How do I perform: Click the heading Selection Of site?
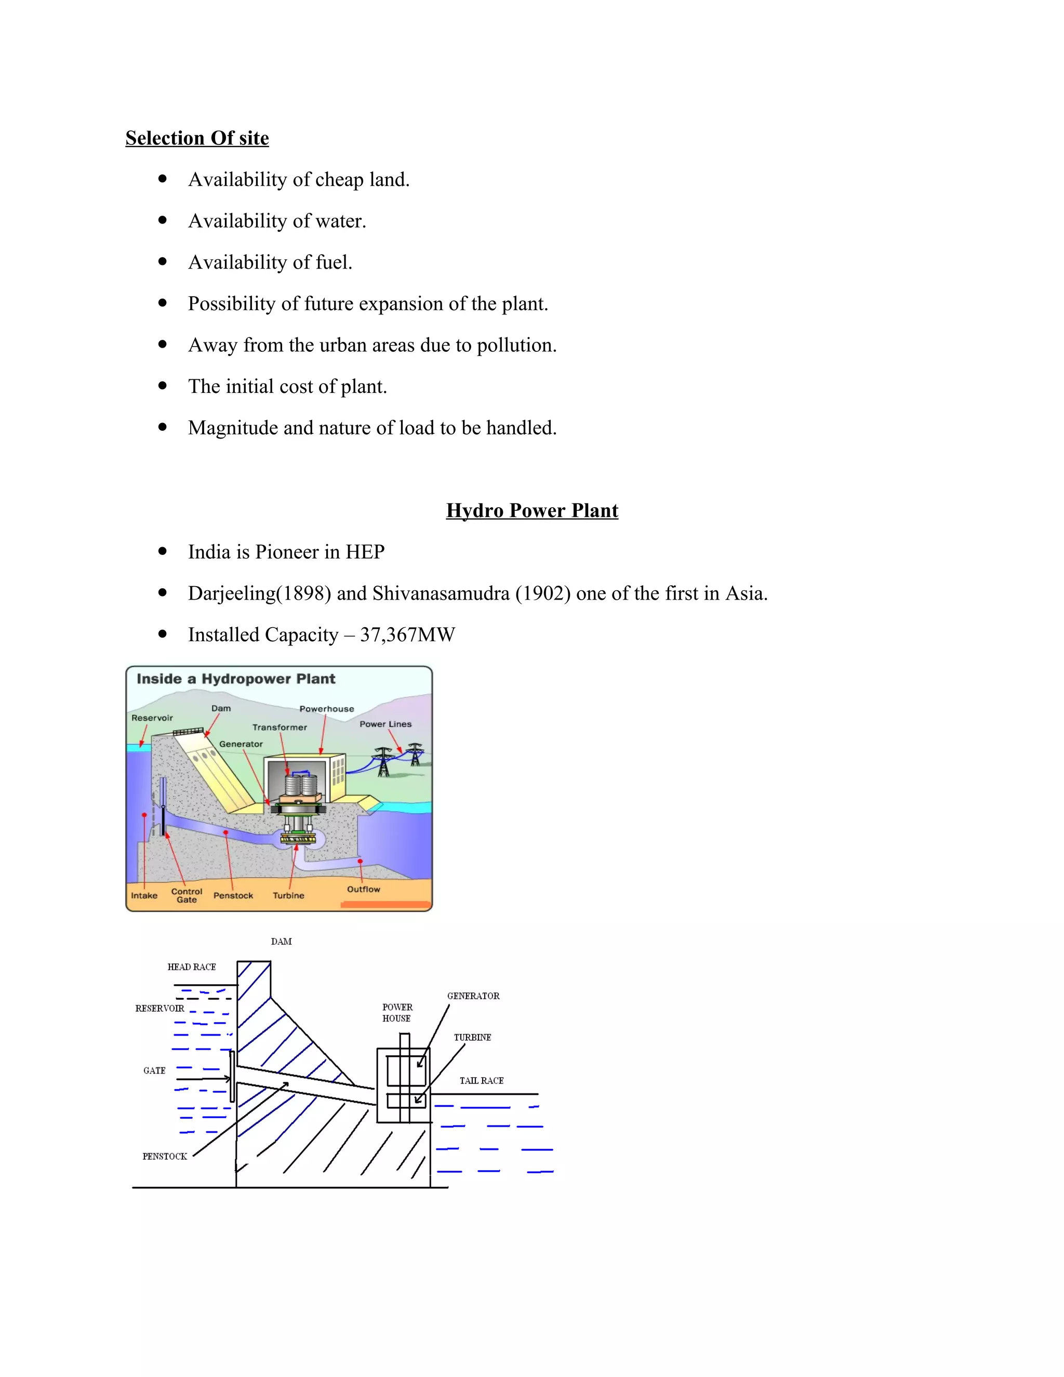coord(197,138)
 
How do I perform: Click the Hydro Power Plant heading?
coord(531,510)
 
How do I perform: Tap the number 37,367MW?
coord(407,634)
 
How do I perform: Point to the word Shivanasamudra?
coord(441,593)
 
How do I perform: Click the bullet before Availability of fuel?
coord(163,261)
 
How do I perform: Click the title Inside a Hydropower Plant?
coord(236,679)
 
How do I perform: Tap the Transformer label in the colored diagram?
coord(279,727)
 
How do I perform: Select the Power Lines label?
coord(385,724)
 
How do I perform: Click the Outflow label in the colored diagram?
coord(363,889)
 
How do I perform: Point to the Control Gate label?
coord(187,895)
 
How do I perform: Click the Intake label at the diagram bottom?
coord(144,895)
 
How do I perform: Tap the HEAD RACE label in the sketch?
coord(192,967)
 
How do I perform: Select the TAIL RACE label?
coord(481,1081)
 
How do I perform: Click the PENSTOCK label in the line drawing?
coord(165,1156)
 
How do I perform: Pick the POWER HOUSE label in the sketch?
coord(397,1013)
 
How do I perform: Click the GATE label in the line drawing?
coord(154,1070)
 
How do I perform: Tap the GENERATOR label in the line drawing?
coord(473,996)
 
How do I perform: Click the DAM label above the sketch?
coord(281,942)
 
